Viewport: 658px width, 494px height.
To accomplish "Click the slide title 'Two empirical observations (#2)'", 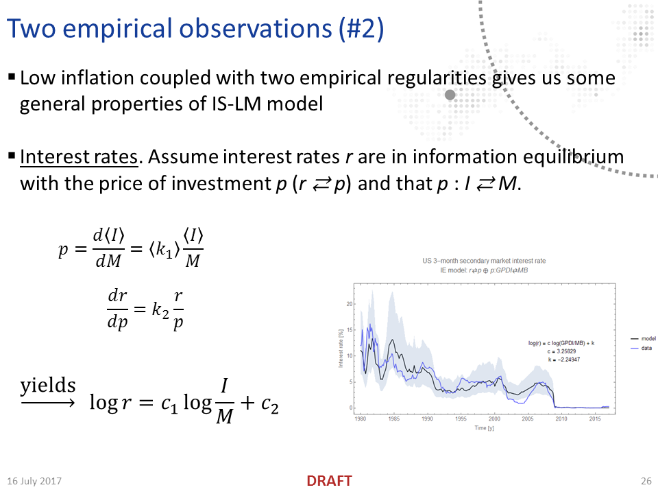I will [195, 29].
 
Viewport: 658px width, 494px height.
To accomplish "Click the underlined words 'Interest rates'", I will [79, 157].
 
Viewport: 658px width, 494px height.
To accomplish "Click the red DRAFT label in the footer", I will [329, 481].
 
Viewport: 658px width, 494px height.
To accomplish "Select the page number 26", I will [645, 481].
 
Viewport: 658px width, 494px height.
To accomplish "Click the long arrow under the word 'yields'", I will [48, 403].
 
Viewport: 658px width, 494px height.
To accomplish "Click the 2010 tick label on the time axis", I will [561, 418].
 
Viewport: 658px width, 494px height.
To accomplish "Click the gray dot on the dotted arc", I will [450, 95].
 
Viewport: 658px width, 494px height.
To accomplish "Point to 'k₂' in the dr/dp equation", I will [160, 310].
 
